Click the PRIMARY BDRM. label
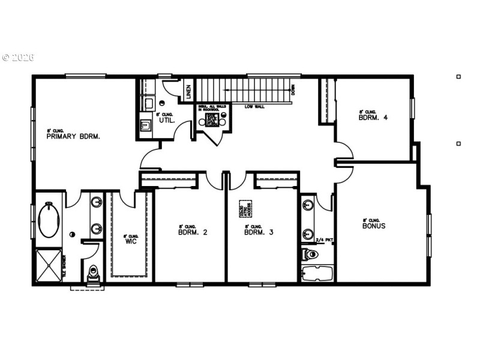click(x=73, y=136)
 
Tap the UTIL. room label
click(x=166, y=120)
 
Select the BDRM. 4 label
click(x=373, y=118)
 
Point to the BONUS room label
click(x=373, y=226)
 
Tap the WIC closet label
click(x=131, y=242)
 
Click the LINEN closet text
click(x=188, y=92)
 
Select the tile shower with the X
click(x=49, y=265)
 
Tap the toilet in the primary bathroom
click(x=93, y=274)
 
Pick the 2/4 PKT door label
click(x=324, y=241)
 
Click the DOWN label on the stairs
click(x=293, y=91)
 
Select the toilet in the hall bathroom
click(x=310, y=254)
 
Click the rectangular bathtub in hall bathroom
click(x=316, y=274)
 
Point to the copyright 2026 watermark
click(x=18, y=58)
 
